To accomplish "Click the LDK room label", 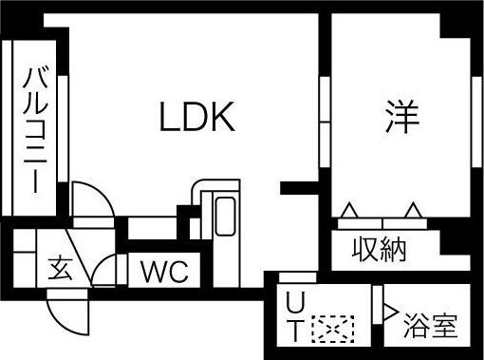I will tap(195, 118).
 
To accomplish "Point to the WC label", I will tap(165, 271).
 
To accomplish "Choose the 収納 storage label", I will tap(380, 250).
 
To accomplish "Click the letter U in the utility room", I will tap(295, 305).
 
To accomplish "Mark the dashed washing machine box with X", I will tap(332, 330).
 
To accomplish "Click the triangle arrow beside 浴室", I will tap(389, 310).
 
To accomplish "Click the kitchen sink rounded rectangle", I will tap(225, 218).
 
